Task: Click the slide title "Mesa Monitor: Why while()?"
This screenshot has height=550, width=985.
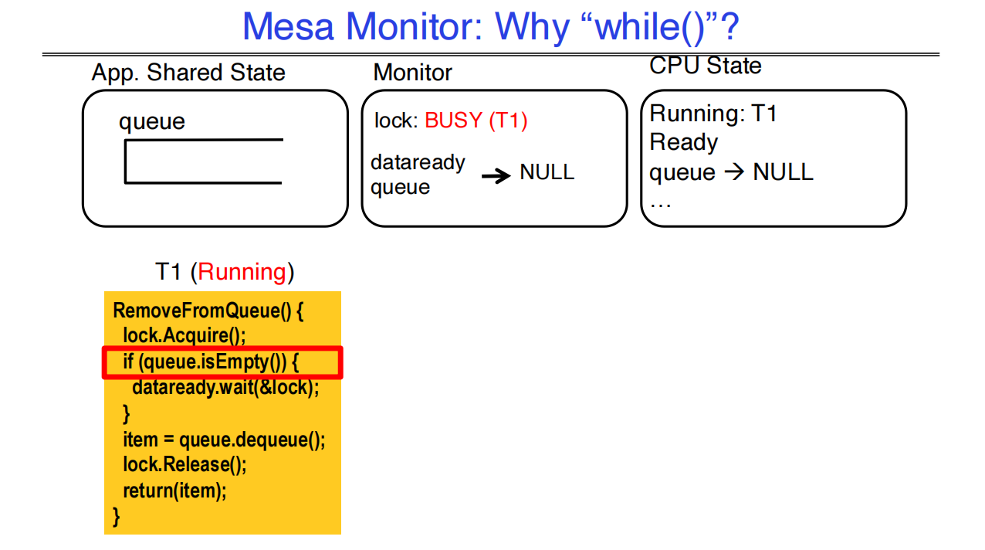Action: click(491, 27)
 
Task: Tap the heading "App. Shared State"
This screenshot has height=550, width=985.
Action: click(188, 73)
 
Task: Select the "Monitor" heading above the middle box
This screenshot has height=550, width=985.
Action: click(412, 73)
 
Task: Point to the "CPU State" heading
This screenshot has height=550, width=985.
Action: click(705, 66)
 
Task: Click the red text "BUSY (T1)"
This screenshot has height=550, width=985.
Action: click(476, 121)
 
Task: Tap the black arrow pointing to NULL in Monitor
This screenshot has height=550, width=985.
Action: click(496, 176)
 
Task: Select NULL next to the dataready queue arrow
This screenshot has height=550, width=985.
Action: click(547, 172)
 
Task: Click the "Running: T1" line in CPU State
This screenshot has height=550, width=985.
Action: click(713, 114)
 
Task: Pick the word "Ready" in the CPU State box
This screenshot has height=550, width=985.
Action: click(683, 142)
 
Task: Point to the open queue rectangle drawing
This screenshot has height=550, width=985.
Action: click(203, 161)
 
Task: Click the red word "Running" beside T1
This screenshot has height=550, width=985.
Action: click(242, 272)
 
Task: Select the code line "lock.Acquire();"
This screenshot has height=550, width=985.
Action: click(184, 336)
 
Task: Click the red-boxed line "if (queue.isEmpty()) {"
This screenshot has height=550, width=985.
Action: click(210, 362)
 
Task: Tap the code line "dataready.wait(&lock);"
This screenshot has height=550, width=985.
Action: click(225, 388)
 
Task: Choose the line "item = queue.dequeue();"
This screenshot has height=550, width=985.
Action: click(224, 440)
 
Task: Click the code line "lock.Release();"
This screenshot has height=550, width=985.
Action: click(184, 465)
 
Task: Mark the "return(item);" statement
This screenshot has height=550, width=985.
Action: click(175, 491)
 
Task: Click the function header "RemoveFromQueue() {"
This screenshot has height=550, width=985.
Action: click(208, 311)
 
